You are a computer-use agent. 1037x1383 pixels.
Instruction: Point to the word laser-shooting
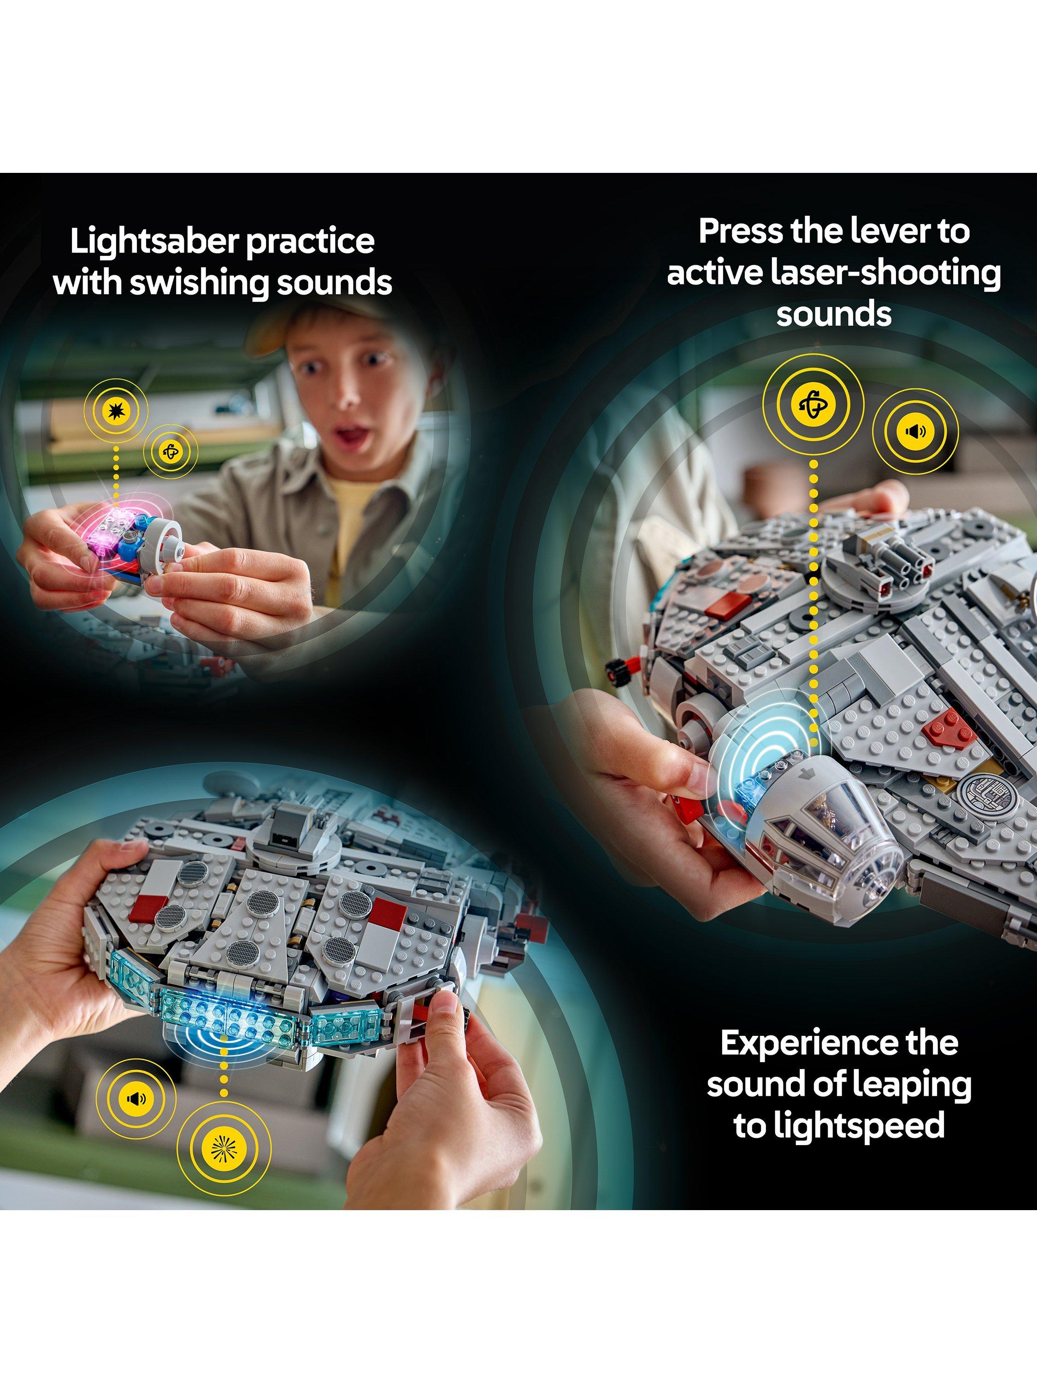tap(886, 274)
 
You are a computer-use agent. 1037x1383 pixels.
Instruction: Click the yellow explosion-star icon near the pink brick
tap(116, 410)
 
